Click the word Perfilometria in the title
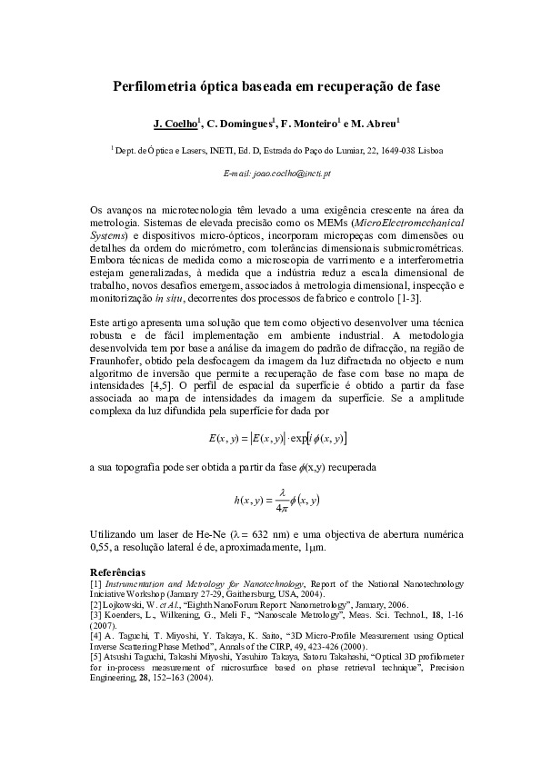[158, 87]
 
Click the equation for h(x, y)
[276, 498]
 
